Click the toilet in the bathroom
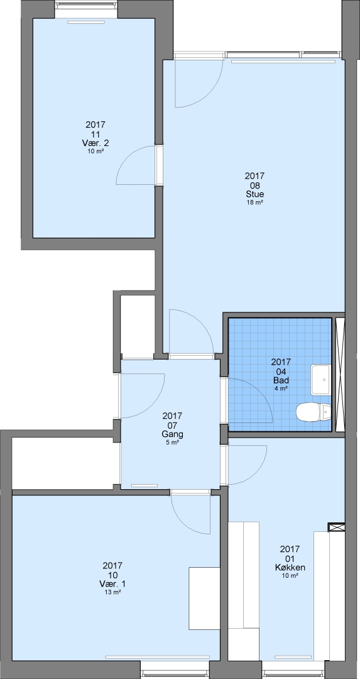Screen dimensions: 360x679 [314, 412]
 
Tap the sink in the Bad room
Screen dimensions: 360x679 [320, 379]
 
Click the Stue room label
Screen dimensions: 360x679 [254, 194]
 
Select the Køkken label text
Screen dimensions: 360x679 [290, 567]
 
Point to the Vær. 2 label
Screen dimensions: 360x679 [95, 143]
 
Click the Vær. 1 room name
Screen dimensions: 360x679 [112, 583]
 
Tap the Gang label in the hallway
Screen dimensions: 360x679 [172, 434]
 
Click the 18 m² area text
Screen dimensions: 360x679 [254, 202]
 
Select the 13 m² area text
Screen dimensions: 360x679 [112, 592]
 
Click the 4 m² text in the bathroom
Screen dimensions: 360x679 [281, 389]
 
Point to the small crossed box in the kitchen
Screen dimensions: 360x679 [336, 527]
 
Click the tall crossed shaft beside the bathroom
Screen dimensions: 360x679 [340, 375]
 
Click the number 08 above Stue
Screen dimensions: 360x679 [254, 185]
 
